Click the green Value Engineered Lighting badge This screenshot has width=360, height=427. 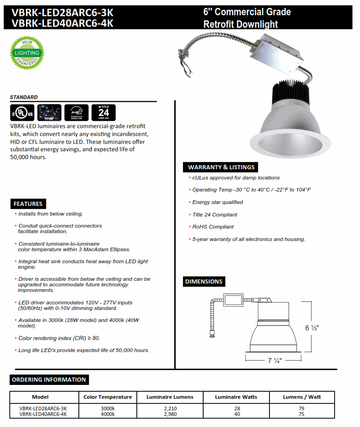click(x=27, y=54)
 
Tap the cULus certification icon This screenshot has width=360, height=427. click(x=22, y=112)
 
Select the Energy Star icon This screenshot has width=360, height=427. click(x=75, y=112)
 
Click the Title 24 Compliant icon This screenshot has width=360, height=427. click(x=104, y=112)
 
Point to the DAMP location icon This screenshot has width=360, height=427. click(x=49, y=112)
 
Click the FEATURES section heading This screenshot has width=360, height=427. click(x=28, y=204)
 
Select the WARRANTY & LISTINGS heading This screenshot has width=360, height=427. click(x=221, y=167)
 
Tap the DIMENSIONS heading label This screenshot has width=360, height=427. click(x=204, y=281)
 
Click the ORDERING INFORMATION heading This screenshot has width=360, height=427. click(x=49, y=380)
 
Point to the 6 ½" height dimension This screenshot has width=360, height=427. click(x=312, y=328)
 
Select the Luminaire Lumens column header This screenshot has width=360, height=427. click(x=170, y=397)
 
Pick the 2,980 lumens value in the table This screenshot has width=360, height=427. click(x=170, y=414)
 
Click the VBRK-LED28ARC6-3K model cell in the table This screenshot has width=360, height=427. click(x=43, y=408)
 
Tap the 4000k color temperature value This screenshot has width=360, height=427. click(x=108, y=414)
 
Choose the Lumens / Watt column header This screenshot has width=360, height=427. click(x=302, y=397)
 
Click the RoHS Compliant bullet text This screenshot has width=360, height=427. click(x=213, y=227)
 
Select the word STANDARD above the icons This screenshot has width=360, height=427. click(x=24, y=97)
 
